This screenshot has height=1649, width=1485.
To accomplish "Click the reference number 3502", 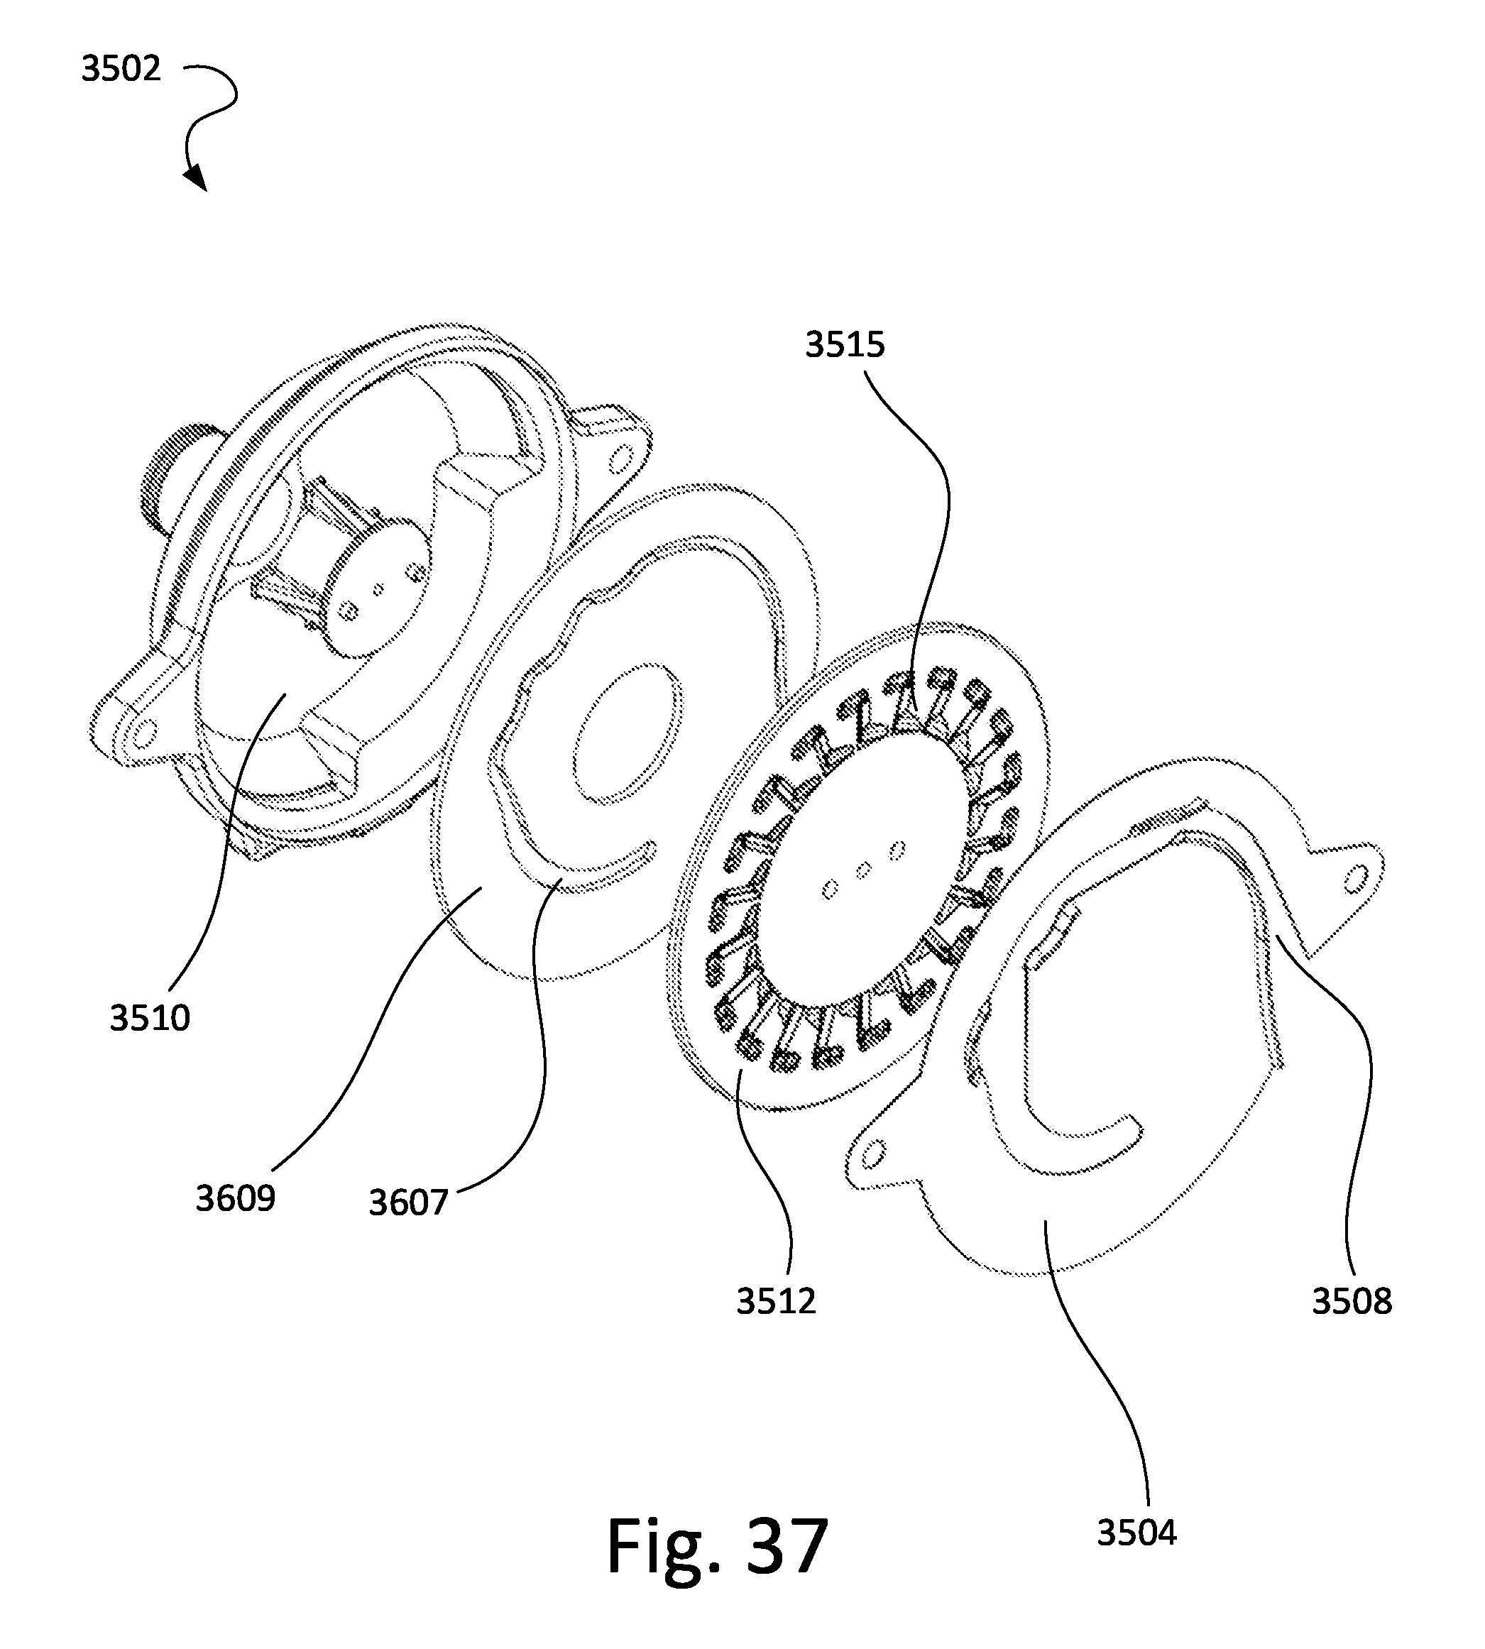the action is (121, 69).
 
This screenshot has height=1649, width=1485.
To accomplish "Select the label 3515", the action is (845, 345).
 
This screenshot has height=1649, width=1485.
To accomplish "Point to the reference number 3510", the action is (150, 1018).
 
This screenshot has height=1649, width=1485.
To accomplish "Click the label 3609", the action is (235, 1199).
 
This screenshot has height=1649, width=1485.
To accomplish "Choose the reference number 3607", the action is (408, 1202).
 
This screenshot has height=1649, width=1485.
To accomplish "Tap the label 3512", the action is (776, 1301).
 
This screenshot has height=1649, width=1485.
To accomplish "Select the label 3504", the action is (1136, 1533).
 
